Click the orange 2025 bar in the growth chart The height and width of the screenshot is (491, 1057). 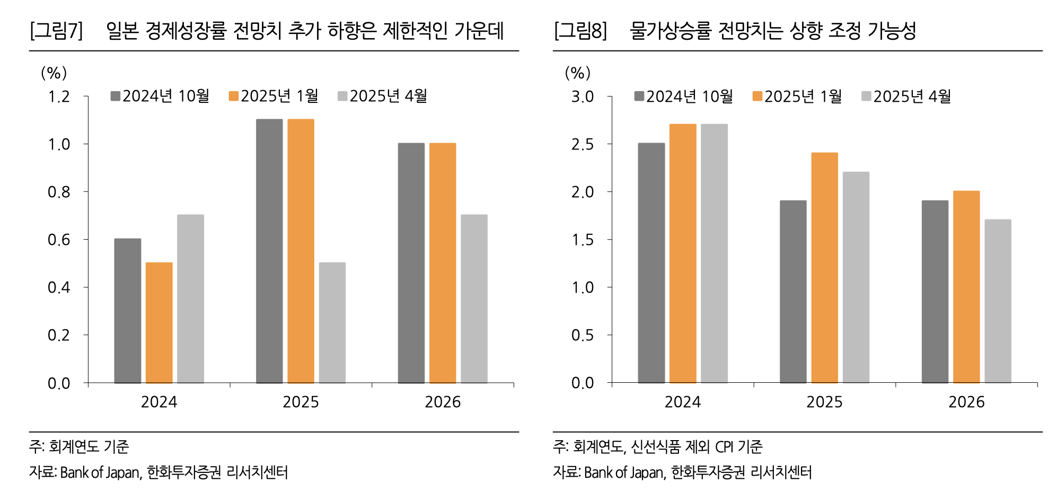301,251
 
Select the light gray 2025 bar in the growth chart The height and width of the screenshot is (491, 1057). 332,322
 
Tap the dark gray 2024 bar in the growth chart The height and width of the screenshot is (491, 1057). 128,311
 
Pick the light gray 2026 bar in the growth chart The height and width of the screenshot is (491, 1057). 474,299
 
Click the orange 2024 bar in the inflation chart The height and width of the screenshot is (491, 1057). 683,253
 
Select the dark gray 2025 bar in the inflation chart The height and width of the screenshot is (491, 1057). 793,292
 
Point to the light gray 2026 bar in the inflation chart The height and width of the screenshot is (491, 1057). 998,301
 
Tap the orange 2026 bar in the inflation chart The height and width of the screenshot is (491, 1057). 966,287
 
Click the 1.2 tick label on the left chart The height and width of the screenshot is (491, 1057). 59,97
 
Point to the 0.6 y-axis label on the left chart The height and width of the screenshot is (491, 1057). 59,240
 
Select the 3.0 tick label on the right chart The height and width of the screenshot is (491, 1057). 583,97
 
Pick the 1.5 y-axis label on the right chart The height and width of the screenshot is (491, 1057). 583,240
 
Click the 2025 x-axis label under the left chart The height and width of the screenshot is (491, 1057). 301,402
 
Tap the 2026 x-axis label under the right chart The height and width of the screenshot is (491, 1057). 966,402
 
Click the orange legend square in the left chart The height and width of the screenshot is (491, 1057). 234,96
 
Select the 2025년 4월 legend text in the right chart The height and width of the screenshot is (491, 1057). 912,97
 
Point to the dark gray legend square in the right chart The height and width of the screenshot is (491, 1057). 639,97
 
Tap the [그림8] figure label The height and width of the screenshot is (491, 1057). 580,31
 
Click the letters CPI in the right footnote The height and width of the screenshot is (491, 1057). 724,447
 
